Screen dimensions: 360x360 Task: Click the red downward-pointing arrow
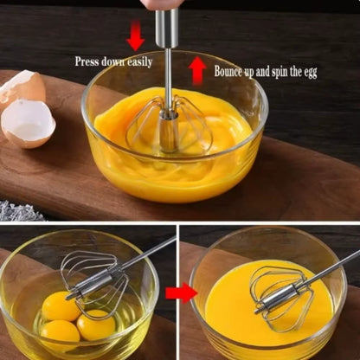[x=135, y=35]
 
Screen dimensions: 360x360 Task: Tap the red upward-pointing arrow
[x=197, y=69]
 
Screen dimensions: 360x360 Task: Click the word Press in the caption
[x=87, y=62]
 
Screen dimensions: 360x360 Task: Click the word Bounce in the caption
[x=231, y=72]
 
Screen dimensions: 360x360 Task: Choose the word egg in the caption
[x=308, y=73]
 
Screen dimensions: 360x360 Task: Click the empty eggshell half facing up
[x=28, y=123]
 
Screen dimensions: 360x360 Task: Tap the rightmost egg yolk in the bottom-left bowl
[x=95, y=325]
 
